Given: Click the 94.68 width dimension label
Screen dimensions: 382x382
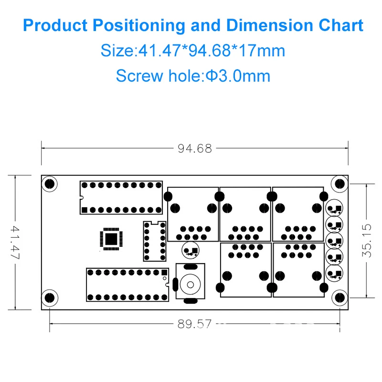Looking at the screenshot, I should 194,149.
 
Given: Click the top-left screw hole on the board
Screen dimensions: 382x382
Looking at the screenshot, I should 49,183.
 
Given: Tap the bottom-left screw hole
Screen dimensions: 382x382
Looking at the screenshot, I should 49,298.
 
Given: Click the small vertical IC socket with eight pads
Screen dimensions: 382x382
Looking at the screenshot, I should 154,241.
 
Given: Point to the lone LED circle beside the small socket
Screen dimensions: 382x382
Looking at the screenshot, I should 191,251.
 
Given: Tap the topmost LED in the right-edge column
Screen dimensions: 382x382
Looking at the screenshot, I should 334,208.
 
